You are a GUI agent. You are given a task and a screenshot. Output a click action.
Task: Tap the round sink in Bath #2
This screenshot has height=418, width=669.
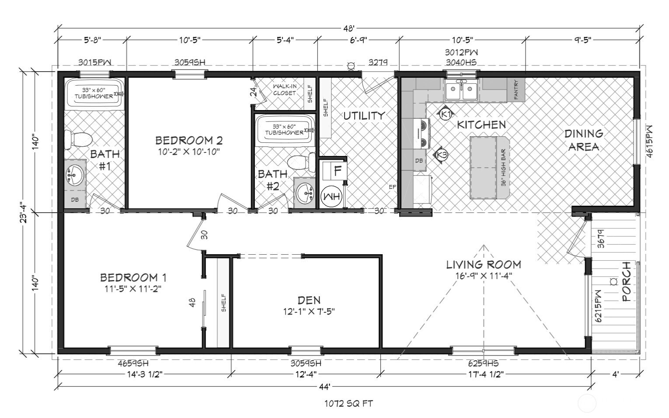pyautogui.click(x=304, y=193)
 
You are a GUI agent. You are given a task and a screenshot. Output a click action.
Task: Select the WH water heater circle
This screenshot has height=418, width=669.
pyautogui.click(x=331, y=196)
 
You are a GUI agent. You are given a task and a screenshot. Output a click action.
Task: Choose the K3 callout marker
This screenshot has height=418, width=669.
pyautogui.click(x=442, y=155)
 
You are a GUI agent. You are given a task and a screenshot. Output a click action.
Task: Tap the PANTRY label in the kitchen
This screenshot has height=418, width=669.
pyautogui.click(x=516, y=90)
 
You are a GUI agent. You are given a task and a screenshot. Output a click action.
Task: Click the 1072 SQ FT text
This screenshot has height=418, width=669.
pyautogui.click(x=348, y=404)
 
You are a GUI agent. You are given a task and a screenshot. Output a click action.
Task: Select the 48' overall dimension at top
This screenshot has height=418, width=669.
pyautogui.click(x=348, y=29)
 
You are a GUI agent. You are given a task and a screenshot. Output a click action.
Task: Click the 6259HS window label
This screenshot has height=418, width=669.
pyautogui.click(x=483, y=363)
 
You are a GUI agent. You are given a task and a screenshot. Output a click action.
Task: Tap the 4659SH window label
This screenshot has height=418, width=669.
pyautogui.click(x=133, y=363)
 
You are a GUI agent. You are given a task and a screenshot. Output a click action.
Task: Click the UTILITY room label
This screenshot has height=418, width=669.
pyautogui.click(x=364, y=116)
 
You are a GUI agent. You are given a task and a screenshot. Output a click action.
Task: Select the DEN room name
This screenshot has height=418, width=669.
pyautogui.click(x=309, y=300)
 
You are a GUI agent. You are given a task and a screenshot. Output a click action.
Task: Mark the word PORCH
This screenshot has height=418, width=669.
pyautogui.click(x=626, y=282)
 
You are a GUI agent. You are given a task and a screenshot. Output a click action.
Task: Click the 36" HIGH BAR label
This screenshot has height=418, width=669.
pyautogui.click(x=503, y=168)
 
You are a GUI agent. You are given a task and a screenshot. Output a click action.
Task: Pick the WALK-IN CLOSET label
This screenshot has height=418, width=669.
pyautogui.click(x=285, y=90)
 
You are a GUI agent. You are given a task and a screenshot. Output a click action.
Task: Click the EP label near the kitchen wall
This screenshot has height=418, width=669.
pyautogui.click(x=393, y=187)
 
